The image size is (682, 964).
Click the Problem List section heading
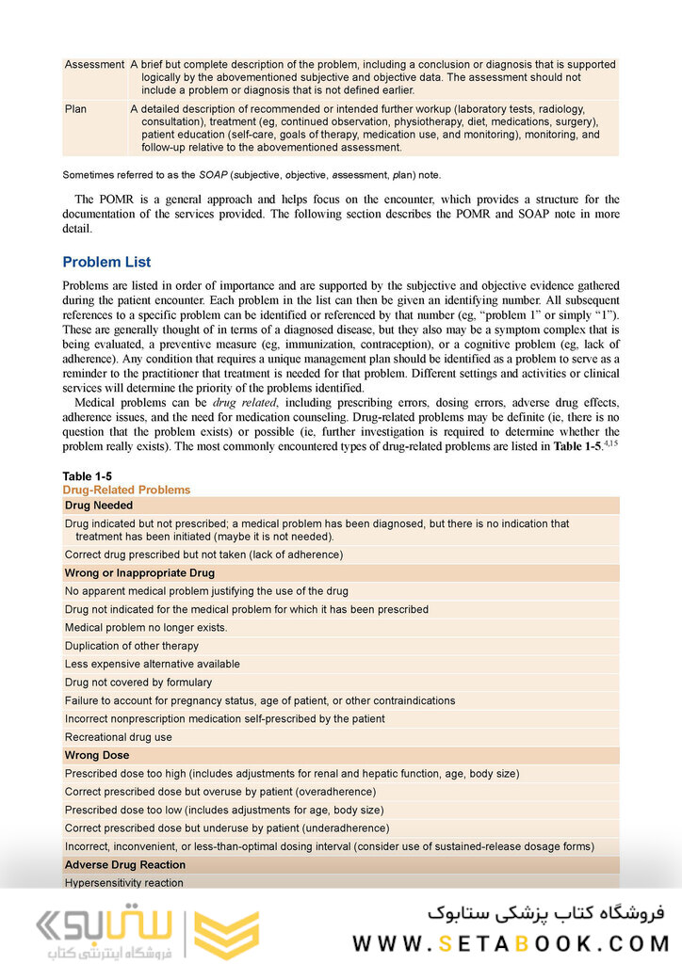(x=106, y=262)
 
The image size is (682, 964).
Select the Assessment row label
(x=94, y=65)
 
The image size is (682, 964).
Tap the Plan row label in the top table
(x=75, y=109)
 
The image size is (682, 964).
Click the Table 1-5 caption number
(x=87, y=476)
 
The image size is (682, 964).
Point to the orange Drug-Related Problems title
(x=126, y=490)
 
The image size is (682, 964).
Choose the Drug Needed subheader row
(x=99, y=506)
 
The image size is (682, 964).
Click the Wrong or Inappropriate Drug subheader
(x=139, y=572)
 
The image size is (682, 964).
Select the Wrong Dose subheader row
(x=97, y=755)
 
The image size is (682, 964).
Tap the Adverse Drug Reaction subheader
(x=125, y=864)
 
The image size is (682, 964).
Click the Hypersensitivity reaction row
(x=124, y=883)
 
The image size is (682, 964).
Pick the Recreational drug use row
(x=119, y=737)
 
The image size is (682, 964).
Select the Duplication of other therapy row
(x=132, y=646)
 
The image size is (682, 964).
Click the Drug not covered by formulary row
(x=138, y=683)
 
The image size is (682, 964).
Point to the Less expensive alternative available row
(x=153, y=664)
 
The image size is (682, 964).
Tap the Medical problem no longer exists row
(x=146, y=627)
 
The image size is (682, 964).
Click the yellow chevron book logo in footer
(x=226, y=934)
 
